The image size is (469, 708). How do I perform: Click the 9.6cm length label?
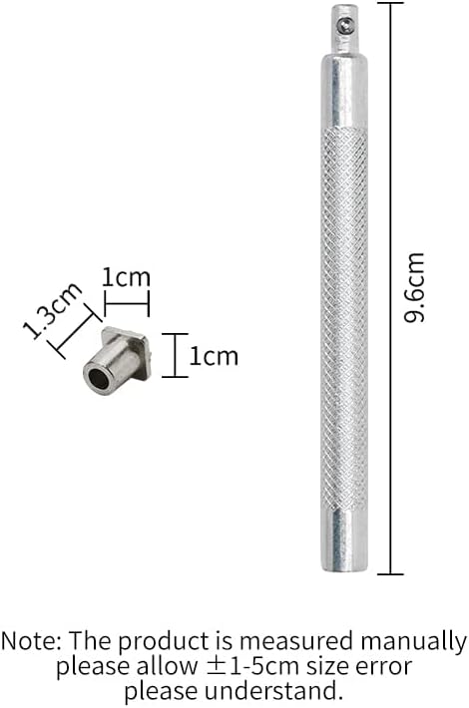click(414, 287)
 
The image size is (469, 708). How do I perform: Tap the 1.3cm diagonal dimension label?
click(53, 311)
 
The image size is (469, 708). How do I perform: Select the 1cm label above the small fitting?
click(126, 277)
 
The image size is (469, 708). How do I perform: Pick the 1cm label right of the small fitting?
click(214, 356)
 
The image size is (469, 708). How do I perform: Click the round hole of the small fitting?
click(98, 378)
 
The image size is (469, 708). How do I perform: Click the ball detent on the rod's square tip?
click(346, 26)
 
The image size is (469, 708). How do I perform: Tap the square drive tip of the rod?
click(344, 29)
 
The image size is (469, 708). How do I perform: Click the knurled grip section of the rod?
click(344, 319)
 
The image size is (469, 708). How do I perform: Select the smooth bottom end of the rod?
click(344, 540)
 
